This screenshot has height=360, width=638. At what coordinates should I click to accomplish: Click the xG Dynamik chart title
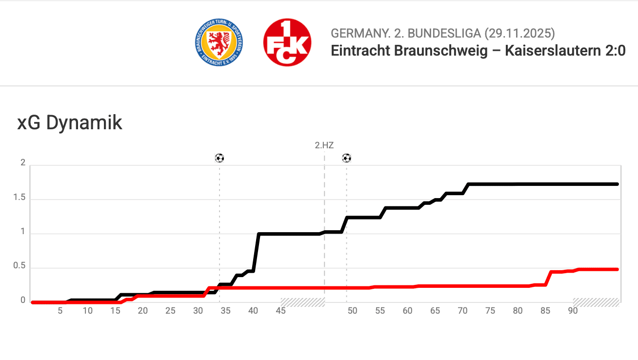click(70, 123)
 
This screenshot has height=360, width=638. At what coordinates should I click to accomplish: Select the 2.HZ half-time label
click(324, 145)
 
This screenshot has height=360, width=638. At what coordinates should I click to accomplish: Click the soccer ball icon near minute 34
click(219, 158)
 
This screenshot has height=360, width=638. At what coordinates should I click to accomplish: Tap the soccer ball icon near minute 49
click(346, 158)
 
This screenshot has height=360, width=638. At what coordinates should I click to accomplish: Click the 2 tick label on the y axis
click(22, 163)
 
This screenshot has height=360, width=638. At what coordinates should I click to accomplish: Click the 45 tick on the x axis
click(280, 311)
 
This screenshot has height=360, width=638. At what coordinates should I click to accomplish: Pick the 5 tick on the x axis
click(60, 311)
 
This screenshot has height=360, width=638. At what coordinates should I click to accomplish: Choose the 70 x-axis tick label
click(462, 311)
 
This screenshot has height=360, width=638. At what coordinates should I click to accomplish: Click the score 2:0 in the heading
click(615, 51)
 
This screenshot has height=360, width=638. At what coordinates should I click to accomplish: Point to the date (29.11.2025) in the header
click(519, 34)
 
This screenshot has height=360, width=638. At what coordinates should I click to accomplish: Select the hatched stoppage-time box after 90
click(596, 302)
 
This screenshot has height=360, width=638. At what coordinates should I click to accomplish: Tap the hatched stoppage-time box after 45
click(302, 302)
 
